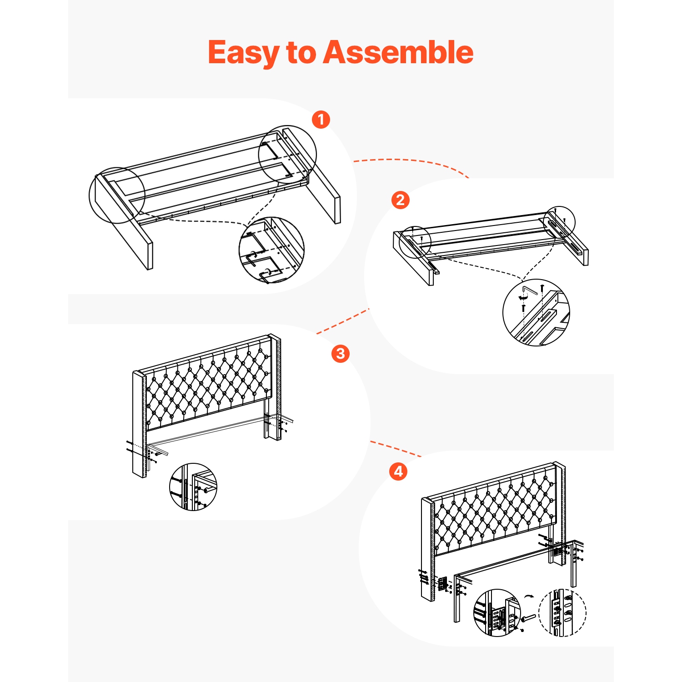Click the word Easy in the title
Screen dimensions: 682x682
click(x=244, y=53)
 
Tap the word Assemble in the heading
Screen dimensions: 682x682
click(x=398, y=52)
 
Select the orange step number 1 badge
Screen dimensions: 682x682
click(x=321, y=120)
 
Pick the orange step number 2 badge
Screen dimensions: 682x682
click(x=401, y=200)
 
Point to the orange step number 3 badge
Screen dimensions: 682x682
click(x=341, y=353)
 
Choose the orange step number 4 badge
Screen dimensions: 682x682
click(x=398, y=471)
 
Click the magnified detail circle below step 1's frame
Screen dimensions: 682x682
click(x=271, y=250)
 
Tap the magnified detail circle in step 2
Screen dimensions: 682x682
click(x=536, y=312)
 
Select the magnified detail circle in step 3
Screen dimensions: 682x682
click(x=193, y=487)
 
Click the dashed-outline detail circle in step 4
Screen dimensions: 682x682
click(x=562, y=612)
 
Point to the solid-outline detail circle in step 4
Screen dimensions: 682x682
click(x=497, y=613)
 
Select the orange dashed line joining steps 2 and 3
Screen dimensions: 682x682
click(x=342, y=321)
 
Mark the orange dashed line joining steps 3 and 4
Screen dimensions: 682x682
click(x=396, y=448)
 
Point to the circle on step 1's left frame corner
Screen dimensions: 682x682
click(x=117, y=195)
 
